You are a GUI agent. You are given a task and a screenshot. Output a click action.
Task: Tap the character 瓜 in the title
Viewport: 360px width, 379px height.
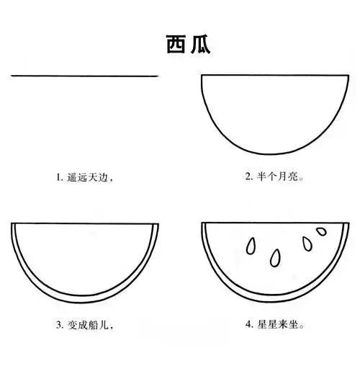[197, 45]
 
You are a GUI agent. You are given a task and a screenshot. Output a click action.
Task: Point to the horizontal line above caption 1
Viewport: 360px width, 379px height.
[84, 76]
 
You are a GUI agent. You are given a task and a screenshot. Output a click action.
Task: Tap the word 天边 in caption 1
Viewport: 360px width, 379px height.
[102, 176]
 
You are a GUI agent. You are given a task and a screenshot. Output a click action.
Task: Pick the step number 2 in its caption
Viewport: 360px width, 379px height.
[248, 176]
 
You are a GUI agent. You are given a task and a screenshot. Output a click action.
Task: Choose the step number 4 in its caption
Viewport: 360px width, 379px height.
[248, 325]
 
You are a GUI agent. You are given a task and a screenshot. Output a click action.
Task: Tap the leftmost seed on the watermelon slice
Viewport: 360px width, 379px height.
[251, 245]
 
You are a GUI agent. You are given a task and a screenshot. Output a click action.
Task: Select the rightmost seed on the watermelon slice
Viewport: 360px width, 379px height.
[321, 232]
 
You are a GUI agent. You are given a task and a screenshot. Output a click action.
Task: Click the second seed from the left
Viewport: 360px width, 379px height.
[276, 257]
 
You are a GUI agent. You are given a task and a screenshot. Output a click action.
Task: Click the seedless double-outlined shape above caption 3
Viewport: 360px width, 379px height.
[84, 259]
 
